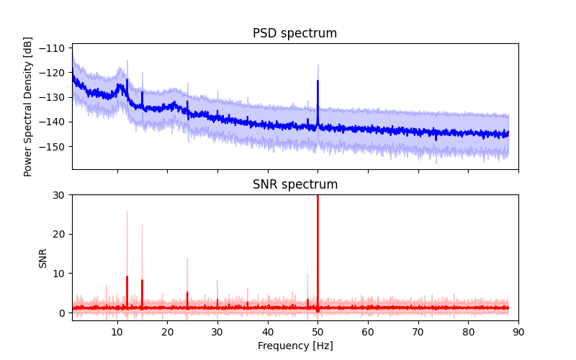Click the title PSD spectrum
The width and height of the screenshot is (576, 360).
[294, 34]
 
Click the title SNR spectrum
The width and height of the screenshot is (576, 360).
[294, 185]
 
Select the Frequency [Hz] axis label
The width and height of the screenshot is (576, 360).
[295, 346]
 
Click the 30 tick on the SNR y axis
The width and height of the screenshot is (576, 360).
[61, 195]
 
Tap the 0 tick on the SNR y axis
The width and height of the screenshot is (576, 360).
[64, 312]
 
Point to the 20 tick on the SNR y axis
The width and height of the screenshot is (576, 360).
[61, 234]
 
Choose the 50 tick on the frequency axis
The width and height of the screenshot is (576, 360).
[318, 331]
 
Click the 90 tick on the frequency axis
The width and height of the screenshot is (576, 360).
[518, 331]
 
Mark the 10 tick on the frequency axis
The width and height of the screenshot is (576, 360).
[117, 331]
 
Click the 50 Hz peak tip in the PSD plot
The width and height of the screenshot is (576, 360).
[318, 81]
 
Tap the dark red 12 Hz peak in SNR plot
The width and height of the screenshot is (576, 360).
[127, 277]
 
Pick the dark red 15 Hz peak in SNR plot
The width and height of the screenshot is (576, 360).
[142, 281]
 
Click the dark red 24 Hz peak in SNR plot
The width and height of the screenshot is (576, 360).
[187, 292]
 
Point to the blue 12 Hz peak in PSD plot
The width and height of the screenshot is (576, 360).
[127, 81]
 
